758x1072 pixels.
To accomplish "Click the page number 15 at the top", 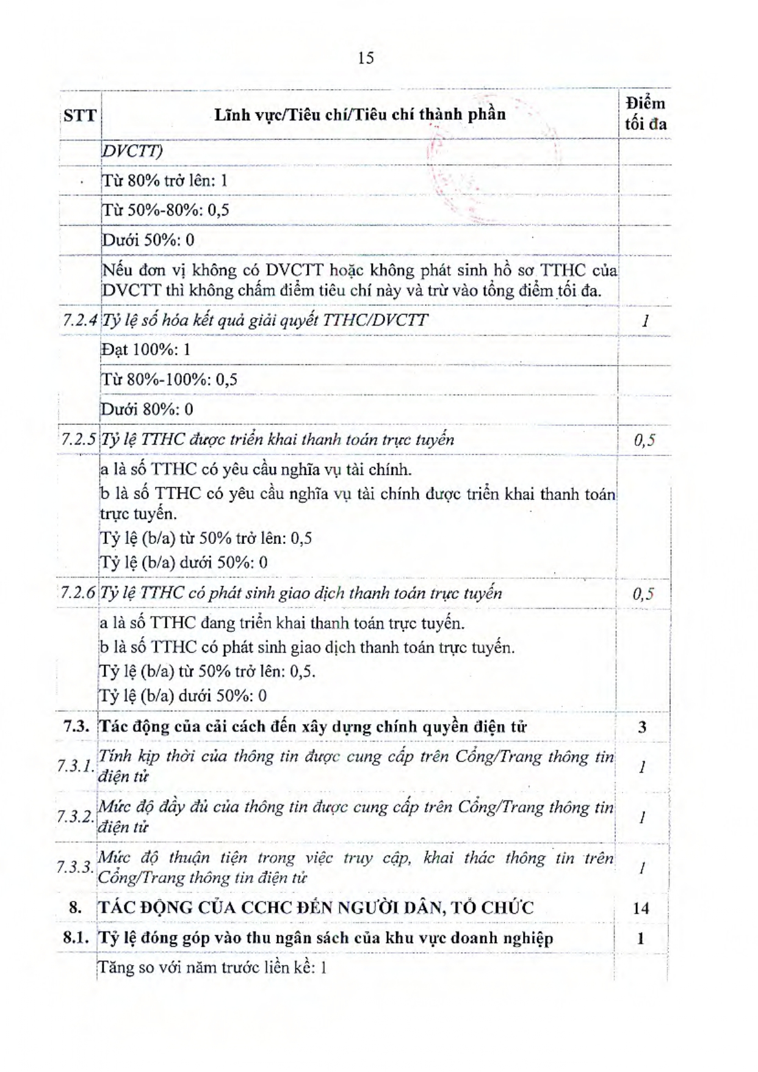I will pyautogui.click(x=366, y=58).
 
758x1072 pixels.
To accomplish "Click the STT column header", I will pyautogui.click(x=79, y=115).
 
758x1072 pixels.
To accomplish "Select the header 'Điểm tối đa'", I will pyautogui.click(x=645, y=114).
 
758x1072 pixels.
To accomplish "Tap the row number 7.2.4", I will pyautogui.click(x=80, y=320).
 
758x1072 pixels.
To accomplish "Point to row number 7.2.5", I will pyautogui.click(x=79, y=440).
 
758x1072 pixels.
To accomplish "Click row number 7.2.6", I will pyautogui.click(x=79, y=593).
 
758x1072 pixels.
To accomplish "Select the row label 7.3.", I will pyautogui.click(x=77, y=726).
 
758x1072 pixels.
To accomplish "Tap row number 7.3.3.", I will pyautogui.click(x=75, y=867).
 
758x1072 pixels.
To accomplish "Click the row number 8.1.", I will pyautogui.click(x=77, y=938).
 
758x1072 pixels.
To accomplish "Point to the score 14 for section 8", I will pyautogui.click(x=641, y=908).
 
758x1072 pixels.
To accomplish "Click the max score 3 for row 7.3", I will pyautogui.click(x=642, y=726).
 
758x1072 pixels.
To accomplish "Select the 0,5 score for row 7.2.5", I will pyautogui.click(x=644, y=440).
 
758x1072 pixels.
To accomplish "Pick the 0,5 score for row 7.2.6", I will pyautogui.click(x=643, y=593).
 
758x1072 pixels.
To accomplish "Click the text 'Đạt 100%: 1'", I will pyautogui.click(x=146, y=350).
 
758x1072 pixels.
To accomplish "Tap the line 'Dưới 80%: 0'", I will pyautogui.click(x=147, y=409).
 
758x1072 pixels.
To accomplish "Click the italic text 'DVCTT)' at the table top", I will pyautogui.click(x=132, y=151).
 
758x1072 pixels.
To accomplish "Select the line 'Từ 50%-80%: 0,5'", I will pyautogui.click(x=165, y=210).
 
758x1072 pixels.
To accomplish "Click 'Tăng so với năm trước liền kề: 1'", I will pyautogui.click(x=212, y=968).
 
